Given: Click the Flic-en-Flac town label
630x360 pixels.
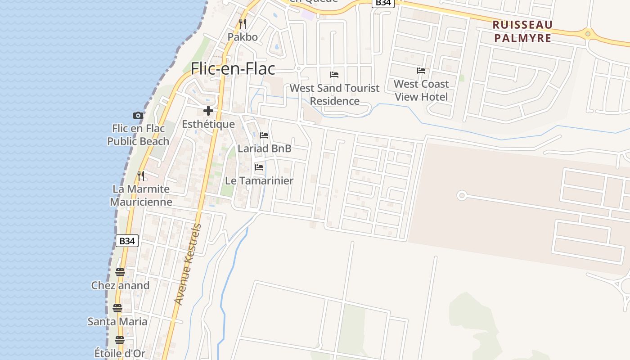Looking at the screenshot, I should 233,69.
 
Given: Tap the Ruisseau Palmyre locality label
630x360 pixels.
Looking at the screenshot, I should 522,31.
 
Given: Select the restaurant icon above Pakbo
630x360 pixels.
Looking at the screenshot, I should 243,23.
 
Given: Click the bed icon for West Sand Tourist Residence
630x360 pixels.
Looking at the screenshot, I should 334,75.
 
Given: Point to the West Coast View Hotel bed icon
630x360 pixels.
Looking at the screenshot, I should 421,71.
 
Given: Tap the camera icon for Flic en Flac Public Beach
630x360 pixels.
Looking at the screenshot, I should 138,116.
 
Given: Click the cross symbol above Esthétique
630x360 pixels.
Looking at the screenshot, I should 208,111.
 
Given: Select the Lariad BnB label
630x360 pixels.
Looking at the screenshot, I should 265,148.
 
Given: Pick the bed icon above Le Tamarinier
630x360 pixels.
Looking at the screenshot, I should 259,168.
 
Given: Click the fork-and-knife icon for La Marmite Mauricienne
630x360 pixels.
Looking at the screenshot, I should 141,175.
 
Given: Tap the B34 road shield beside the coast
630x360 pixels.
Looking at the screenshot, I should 127,241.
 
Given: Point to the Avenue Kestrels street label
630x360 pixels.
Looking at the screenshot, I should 187,264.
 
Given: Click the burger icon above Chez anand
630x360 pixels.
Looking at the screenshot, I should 120,272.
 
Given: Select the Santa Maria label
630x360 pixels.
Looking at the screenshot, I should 117,321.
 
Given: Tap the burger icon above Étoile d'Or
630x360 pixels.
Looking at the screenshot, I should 119,340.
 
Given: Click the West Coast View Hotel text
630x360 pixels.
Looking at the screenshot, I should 421,90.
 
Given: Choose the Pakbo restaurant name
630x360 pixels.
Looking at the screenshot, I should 243,37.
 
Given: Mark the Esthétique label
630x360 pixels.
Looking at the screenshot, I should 208,124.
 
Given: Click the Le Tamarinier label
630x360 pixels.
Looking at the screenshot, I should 259,181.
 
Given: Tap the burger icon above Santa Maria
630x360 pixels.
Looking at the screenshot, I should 117,308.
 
